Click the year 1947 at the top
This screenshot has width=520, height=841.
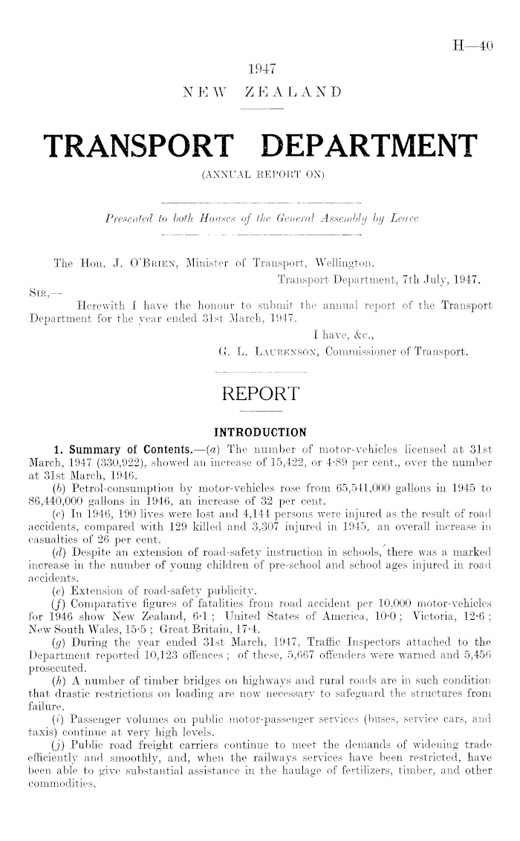pos(260,72)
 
